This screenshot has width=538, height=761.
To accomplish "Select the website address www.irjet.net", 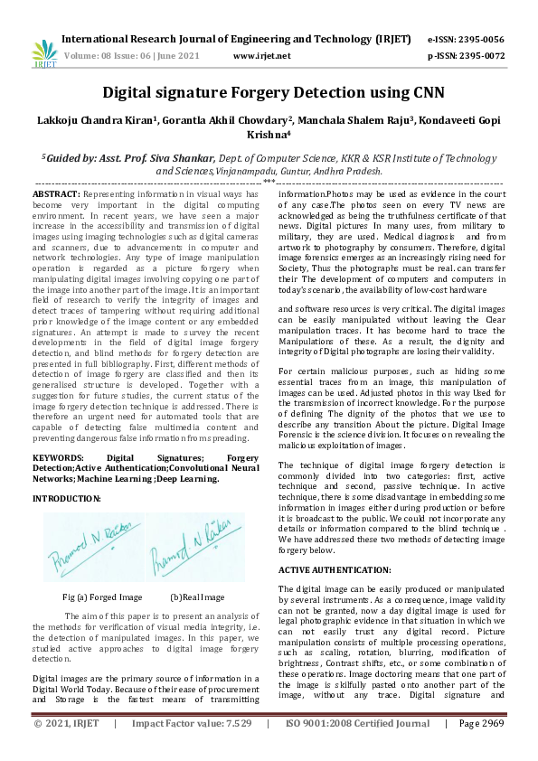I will [x=261, y=55].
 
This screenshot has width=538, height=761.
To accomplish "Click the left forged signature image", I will [x=93, y=546].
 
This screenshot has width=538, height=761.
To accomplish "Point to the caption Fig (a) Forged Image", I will [x=102, y=597].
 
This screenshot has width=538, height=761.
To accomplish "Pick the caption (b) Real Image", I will [x=197, y=597].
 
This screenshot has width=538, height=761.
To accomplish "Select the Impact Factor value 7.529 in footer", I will [x=191, y=748].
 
